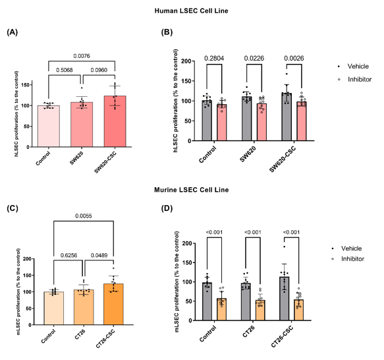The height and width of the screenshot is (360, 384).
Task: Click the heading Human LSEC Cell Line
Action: (x=192, y=11)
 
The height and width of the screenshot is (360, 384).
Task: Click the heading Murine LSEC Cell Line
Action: (x=192, y=190)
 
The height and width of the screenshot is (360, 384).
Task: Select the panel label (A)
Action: (x=12, y=32)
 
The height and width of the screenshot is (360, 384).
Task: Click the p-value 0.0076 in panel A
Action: (x=82, y=56)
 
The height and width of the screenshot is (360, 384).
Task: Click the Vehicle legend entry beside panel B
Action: (x=346, y=67)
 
